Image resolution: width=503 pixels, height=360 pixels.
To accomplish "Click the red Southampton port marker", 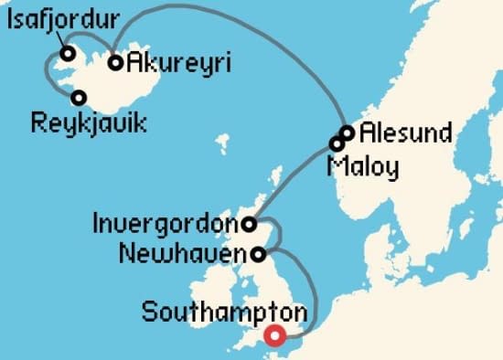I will tap(273, 337).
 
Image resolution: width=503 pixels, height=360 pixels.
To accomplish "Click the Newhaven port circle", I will tap(260, 253).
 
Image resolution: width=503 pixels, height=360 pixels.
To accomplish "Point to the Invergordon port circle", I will tap(249, 222).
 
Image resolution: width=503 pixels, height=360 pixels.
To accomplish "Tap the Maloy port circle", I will tap(337, 143).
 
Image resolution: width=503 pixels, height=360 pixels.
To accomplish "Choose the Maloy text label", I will tap(364, 166).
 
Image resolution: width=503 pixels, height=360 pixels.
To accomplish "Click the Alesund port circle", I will tap(347, 133).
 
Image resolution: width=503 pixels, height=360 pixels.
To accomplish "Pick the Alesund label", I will tap(405, 133).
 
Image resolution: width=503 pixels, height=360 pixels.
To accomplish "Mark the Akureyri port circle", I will tap(116, 63).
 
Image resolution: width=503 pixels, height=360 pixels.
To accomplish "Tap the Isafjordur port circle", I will tap(68, 53).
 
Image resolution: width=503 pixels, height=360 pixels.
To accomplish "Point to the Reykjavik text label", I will tap(88, 122).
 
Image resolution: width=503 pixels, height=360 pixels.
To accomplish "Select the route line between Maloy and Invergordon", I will tap(293, 182).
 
